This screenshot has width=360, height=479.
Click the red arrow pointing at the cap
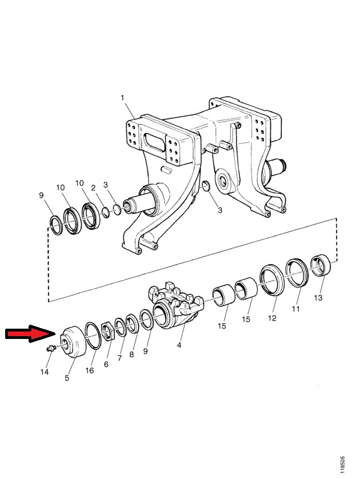pos(30,334)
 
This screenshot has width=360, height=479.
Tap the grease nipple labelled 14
pos(50,348)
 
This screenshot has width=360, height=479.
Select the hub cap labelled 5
pos(73,342)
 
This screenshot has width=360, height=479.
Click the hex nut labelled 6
pos(107,330)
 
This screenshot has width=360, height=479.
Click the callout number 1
pos(122,98)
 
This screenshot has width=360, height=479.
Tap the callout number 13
pos(318,297)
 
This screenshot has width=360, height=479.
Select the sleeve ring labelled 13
pos(321,265)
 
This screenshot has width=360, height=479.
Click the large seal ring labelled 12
pos(272,281)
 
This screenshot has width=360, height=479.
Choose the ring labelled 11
pos(297,273)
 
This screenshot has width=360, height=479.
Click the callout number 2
pos(94,187)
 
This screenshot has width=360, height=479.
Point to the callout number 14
pos(45,372)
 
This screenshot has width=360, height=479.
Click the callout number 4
pos(179,345)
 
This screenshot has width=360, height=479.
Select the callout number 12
pos(272,318)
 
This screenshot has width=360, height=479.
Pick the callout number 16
pos(90,370)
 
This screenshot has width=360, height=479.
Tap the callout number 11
pos(295,309)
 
